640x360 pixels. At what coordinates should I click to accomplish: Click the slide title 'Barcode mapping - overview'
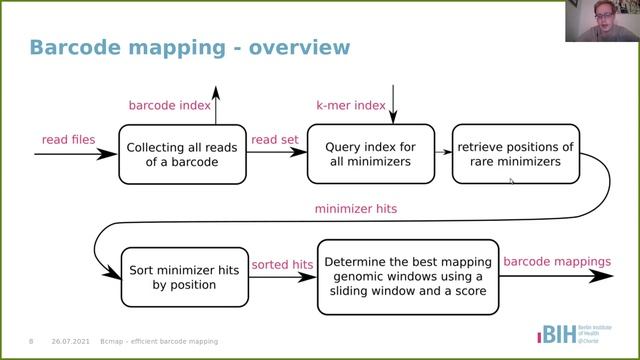[x=189, y=47]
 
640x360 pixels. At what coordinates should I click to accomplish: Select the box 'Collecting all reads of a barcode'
[x=182, y=154]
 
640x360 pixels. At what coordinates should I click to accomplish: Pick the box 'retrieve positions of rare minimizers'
[x=515, y=154]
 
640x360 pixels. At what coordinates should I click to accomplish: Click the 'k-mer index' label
[x=350, y=105]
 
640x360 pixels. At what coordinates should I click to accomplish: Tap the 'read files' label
[x=68, y=139]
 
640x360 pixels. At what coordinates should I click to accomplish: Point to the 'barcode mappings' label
[x=556, y=262]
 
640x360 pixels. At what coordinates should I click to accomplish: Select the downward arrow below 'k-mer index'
[x=395, y=104]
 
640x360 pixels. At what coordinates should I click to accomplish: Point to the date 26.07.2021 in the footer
[x=71, y=341]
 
